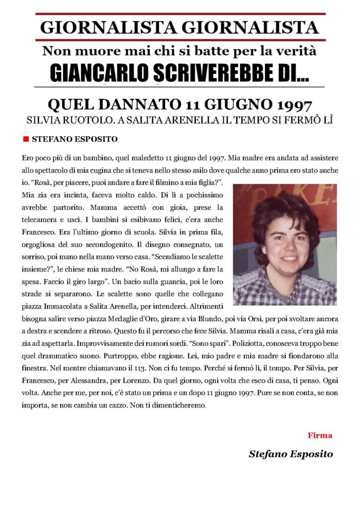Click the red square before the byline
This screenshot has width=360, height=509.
[26, 139]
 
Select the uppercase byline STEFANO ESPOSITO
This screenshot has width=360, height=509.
[75, 139]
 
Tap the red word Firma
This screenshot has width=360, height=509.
[320, 435]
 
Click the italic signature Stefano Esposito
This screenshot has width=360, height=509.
[290, 454]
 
